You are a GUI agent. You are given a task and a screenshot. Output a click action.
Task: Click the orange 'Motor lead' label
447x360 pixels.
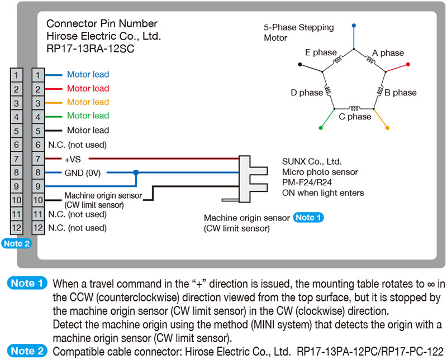(x=88, y=102)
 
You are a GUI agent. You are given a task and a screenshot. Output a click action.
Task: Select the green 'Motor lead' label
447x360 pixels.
(x=88, y=116)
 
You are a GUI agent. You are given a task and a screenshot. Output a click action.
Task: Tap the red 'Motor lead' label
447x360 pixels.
(x=88, y=88)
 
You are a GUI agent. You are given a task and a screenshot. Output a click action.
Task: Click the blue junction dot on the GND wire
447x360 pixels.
(x=135, y=172)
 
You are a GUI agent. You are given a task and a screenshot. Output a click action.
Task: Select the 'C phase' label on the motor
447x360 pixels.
(x=355, y=117)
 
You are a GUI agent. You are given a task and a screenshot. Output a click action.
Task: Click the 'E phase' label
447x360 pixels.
(x=321, y=53)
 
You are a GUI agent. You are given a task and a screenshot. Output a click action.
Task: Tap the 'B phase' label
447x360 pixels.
(x=401, y=93)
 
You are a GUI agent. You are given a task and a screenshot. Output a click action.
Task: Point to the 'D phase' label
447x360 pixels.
(x=307, y=93)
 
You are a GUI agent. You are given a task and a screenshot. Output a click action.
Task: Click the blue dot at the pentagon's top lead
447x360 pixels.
(x=354, y=26)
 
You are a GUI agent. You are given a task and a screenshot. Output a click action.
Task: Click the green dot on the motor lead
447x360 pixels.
(x=321, y=128)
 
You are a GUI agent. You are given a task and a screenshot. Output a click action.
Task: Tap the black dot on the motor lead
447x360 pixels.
(x=301, y=65)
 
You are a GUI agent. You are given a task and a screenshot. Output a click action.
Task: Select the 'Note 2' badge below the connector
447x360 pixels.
(x=16, y=243)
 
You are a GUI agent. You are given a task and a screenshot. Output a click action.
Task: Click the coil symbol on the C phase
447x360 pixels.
(x=355, y=108)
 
